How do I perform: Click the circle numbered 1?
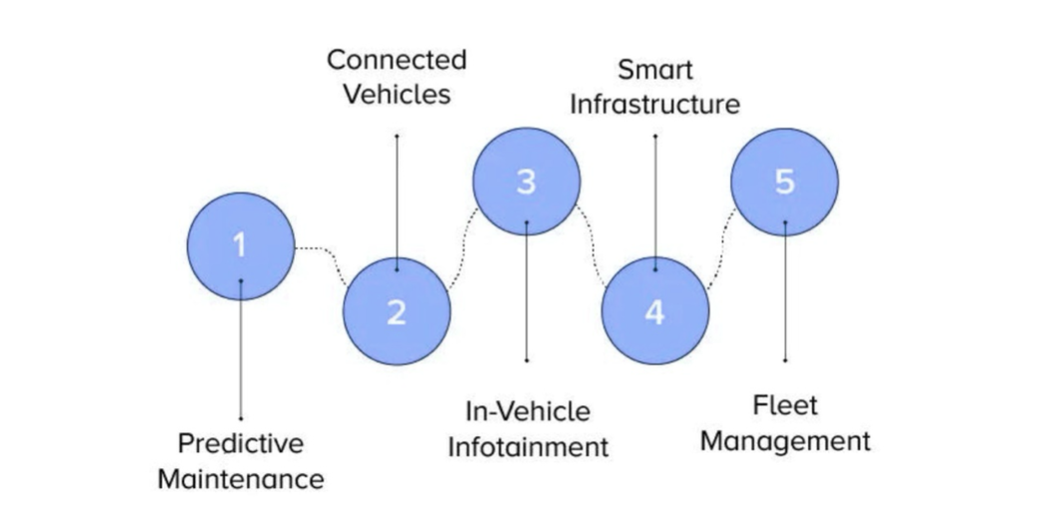click(x=240, y=246)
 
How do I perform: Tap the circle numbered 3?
click(x=526, y=181)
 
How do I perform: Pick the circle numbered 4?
click(x=655, y=311)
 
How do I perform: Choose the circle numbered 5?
click(x=784, y=181)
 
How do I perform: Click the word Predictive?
click(x=240, y=442)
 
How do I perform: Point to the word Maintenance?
click(x=240, y=479)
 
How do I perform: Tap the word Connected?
click(x=396, y=60)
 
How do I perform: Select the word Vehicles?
click(x=396, y=96)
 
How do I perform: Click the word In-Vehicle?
click(x=527, y=410)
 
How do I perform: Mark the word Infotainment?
click(x=527, y=446)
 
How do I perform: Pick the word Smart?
click(x=654, y=70)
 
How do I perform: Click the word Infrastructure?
click(x=654, y=105)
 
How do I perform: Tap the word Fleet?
click(x=785, y=405)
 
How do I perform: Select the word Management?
click(x=785, y=440)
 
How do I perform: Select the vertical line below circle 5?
click(x=785, y=299)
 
